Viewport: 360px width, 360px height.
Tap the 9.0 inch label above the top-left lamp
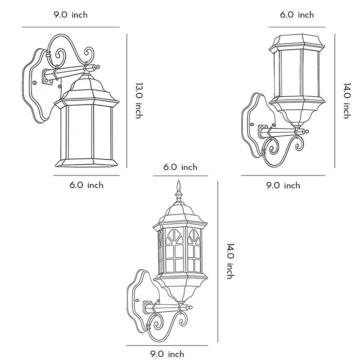[71, 15]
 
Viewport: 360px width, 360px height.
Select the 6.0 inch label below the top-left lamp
[86, 185]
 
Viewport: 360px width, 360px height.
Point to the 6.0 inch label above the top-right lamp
[297, 15]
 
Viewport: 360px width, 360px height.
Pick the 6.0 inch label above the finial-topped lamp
[180, 167]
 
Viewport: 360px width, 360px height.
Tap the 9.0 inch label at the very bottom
[167, 354]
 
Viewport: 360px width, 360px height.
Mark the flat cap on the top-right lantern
[297, 42]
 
